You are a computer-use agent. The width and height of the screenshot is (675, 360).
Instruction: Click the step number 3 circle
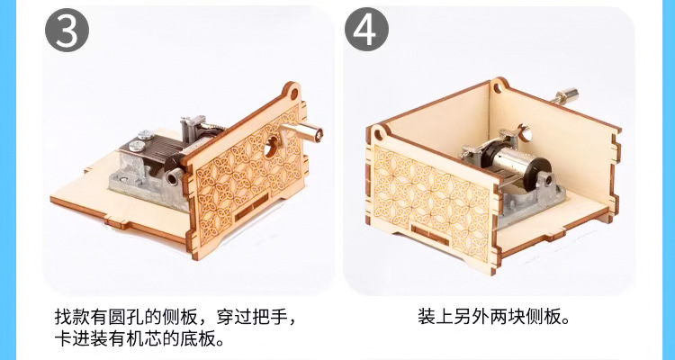pos(67,30)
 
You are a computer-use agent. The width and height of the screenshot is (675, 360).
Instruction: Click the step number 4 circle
pos(366,30)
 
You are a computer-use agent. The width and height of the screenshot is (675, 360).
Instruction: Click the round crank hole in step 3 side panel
pos(270,148)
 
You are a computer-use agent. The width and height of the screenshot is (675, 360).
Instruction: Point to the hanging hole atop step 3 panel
pos(294,94)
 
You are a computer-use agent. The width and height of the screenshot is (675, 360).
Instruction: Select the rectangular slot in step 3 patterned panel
pos(251,208)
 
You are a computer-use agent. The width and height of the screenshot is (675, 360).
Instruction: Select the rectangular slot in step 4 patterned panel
pos(430,235)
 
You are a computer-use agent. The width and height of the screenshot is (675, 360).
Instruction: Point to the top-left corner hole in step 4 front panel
pos(378,134)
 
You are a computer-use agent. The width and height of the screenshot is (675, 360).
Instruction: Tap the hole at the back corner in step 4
pos(498,88)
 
